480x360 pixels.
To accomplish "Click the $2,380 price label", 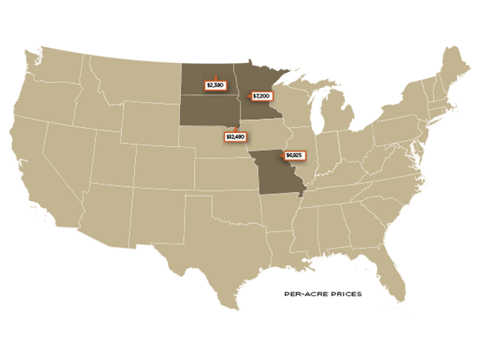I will [215, 85].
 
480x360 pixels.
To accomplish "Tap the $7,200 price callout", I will [261, 96].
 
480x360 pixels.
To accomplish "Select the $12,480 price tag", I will [235, 136].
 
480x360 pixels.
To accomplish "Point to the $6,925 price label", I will [293, 156].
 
